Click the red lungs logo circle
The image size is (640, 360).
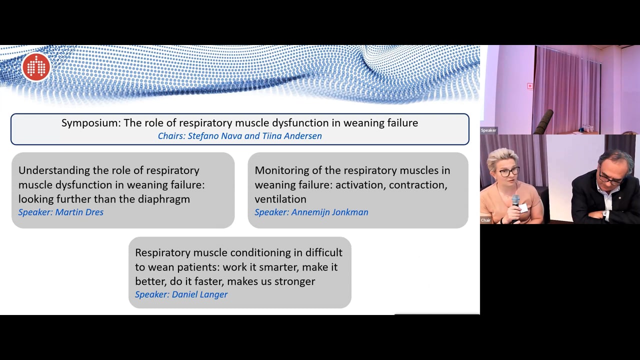pyautogui.click(x=36, y=67)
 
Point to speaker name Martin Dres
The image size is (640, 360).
pyautogui.click(x=79, y=212)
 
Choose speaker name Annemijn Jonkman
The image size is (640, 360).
pyautogui.click(x=329, y=212)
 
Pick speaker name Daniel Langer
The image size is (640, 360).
pyautogui.click(x=199, y=294)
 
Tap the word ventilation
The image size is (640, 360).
pyautogui.click(x=280, y=199)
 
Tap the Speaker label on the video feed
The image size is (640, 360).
pyautogui.click(x=488, y=130)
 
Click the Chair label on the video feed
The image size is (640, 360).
pyautogui.click(x=485, y=220)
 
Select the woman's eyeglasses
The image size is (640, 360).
pyautogui.click(x=509, y=172)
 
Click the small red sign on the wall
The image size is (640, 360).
pyautogui.click(x=530, y=85)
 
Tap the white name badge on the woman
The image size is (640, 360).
pyautogui.click(x=523, y=208)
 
